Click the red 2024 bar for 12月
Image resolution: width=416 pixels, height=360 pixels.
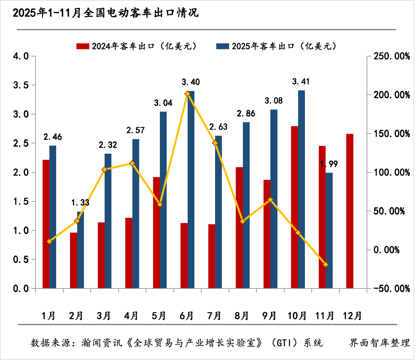(x=350, y=211)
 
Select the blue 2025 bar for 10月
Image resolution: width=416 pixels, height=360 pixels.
(x=302, y=189)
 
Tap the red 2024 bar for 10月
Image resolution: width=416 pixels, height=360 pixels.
(x=294, y=207)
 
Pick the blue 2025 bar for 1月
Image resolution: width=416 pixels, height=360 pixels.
(x=53, y=217)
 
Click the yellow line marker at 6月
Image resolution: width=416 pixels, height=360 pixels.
(x=187, y=93)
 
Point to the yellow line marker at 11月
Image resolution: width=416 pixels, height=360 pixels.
(x=325, y=264)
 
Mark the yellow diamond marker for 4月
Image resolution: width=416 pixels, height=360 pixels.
(x=132, y=163)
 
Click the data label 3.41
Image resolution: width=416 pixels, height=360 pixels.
(x=301, y=82)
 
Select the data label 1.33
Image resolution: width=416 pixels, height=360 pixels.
(x=80, y=203)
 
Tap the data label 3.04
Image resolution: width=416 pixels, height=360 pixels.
(x=163, y=103)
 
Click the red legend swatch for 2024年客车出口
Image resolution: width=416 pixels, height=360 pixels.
(x=83, y=46)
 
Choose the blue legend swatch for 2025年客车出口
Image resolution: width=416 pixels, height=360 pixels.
(x=223, y=46)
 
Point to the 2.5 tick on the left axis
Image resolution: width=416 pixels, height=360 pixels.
(x=21, y=143)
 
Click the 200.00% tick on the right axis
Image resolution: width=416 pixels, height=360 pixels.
(x=392, y=95)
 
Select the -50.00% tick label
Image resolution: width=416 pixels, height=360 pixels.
(x=392, y=289)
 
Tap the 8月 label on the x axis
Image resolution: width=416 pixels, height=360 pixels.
(x=242, y=316)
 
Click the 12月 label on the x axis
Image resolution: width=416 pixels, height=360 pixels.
(x=352, y=316)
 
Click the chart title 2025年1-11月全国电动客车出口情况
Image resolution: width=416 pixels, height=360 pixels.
(x=106, y=13)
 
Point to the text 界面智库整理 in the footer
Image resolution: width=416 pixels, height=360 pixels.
(x=380, y=343)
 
